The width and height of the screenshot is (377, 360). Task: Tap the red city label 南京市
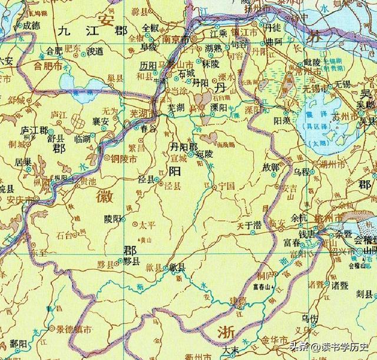(176, 39)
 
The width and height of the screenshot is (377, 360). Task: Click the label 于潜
(253, 224)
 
